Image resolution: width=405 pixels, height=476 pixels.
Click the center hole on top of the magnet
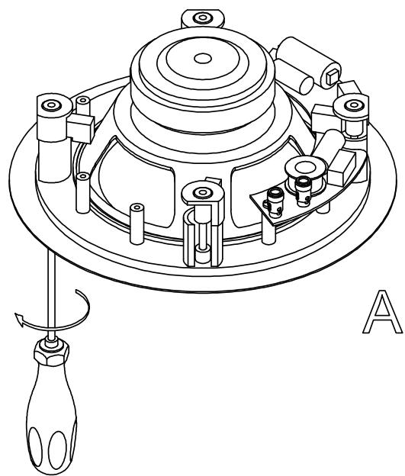(x=202, y=57)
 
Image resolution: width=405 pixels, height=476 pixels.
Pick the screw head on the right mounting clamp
(x=354, y=105)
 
